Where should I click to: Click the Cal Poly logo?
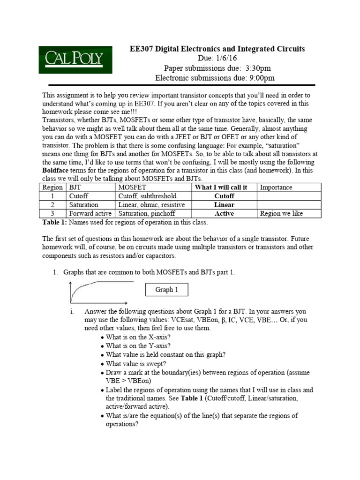pyautogui.click(x=75, y=60)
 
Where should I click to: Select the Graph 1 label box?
pyautogui.click(x=167, y=290)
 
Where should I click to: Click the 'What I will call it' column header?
pyautogui.click(x=220, y=187)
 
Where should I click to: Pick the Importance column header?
pyautogui.click(x=276, y=187)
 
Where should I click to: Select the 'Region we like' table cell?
pyautogui.click(x=281, y=214)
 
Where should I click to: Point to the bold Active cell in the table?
pyautogui.click(x=224, y=214)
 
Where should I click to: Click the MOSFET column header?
pyautogui.click(x=132, y=187)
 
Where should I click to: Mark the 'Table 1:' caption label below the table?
pyautogui.click(x=55, y=222)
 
